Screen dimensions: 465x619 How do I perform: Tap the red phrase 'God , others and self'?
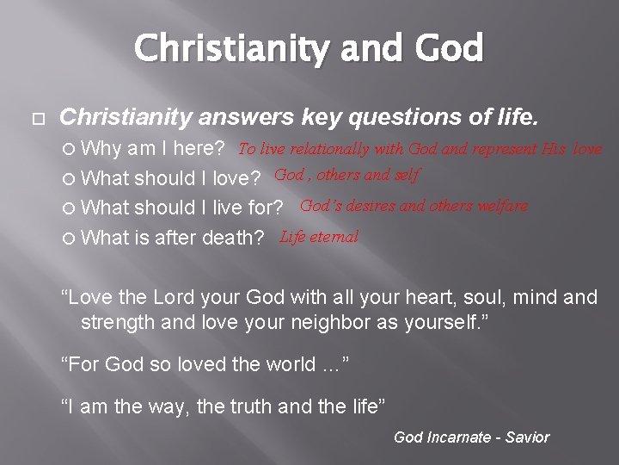347,176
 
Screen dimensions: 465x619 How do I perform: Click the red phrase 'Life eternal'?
319,236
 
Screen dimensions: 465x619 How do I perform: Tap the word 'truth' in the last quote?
258,406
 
